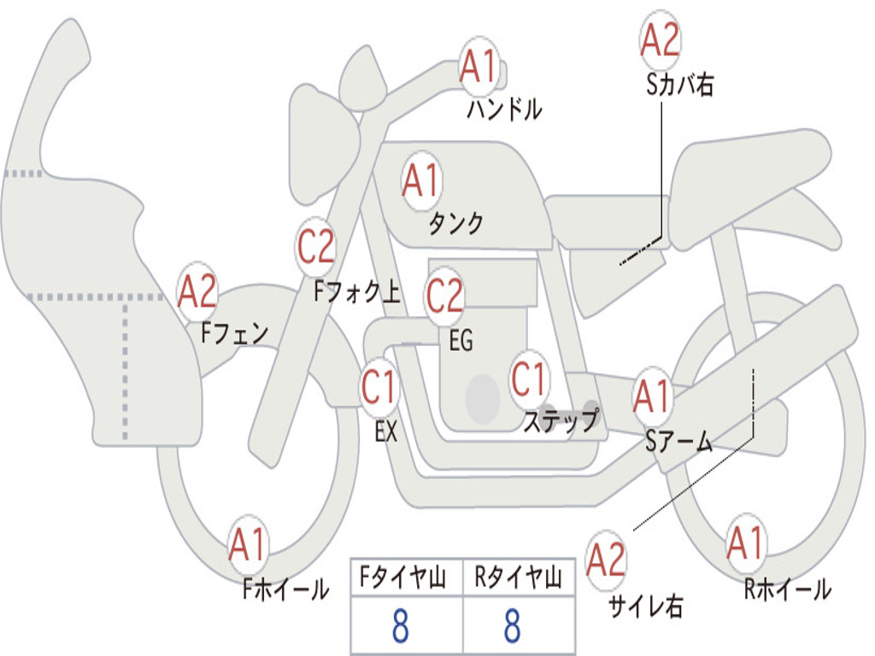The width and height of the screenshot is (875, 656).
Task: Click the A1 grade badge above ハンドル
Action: click(479, 67)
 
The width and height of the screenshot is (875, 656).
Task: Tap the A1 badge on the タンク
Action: click(420, 181)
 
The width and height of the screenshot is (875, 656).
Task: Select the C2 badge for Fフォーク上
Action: click(316, 248)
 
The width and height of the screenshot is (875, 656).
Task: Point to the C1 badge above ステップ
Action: click(529, 380)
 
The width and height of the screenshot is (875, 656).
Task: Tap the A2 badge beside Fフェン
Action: click(197, 292)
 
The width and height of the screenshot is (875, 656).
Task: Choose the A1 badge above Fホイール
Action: click(248, 545)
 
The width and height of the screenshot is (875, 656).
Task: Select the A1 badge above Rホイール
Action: click(745, 543)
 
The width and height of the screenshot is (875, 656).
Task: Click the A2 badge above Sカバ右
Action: click(661, 40)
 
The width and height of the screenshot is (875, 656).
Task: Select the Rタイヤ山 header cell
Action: click(519, 579)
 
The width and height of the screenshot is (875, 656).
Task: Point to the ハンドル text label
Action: click(504, 109)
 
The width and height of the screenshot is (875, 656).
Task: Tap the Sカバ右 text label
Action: click(679, 85)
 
